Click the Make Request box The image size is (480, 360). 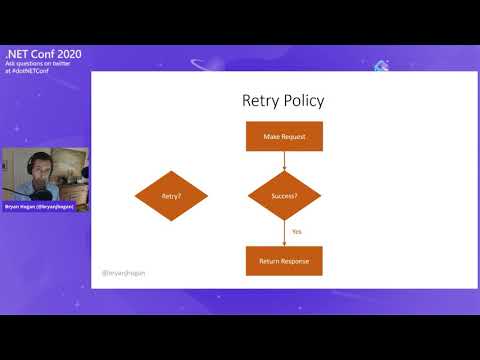pos(284,136)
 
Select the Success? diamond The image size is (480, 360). pos(284,197)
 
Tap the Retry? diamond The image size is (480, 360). pos(171,197)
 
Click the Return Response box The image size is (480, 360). pos(284,261)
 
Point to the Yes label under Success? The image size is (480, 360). pos(297,232)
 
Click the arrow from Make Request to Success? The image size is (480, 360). pos(284,160)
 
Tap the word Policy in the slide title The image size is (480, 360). pos(304,101)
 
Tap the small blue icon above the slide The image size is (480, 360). pos(380,66)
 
